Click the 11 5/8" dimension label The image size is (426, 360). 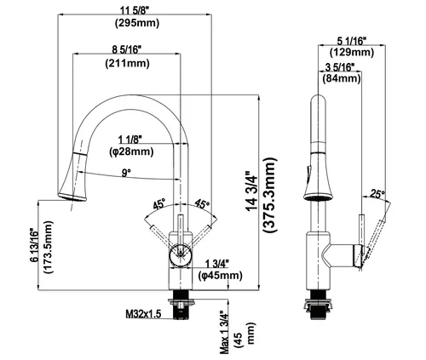[135, 11]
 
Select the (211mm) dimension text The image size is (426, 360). [127, 63]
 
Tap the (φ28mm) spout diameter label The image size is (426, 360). [131, 151]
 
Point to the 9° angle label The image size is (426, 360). [126, 173]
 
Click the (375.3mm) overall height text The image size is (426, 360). [269, 195]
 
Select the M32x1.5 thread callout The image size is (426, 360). [143, 314]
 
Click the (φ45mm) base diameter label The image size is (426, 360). [221, 275]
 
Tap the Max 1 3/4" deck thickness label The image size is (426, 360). [224, 332]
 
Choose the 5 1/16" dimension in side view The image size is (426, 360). [351, 42]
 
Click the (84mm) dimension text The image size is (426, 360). [342, 77]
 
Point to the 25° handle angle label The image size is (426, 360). [377, 194]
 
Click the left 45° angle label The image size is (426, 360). [159, 204]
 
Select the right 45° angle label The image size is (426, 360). [202, 203]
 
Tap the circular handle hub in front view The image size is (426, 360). [181, 254]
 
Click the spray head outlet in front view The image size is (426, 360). [72, 197]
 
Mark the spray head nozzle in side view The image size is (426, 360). [318, 197]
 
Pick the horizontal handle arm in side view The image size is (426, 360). [343, 255]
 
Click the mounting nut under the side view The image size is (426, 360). [318, 305]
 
